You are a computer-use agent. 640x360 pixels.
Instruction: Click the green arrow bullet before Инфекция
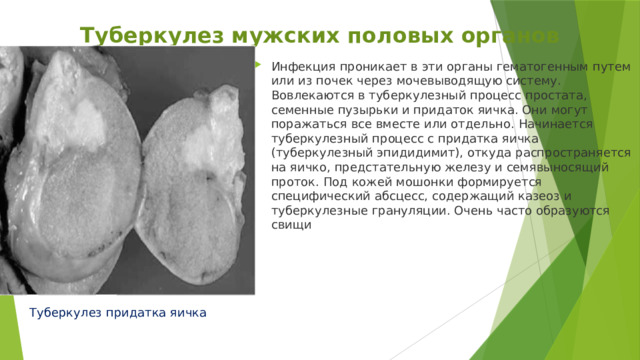(258, 64)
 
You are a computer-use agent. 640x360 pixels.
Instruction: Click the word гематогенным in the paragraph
(542, 67)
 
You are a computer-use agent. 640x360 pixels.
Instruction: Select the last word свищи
(291, 225)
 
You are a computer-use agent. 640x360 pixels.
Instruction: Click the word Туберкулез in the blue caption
(65, 313)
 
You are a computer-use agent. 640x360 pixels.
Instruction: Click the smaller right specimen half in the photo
(191, 186)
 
